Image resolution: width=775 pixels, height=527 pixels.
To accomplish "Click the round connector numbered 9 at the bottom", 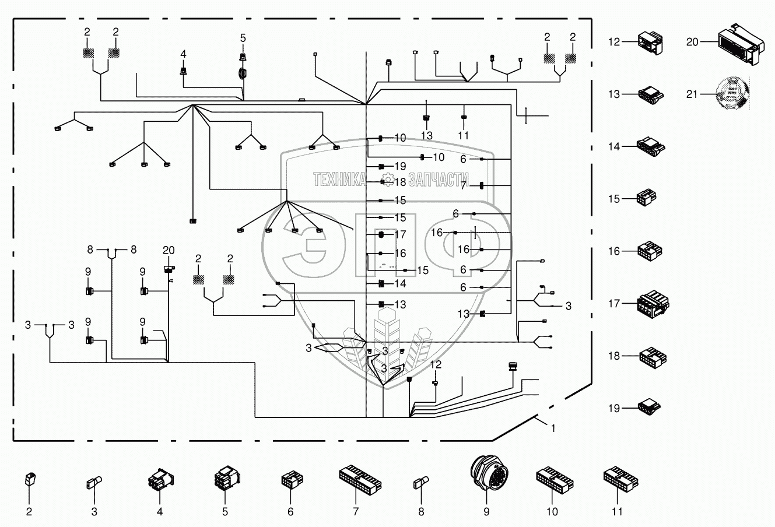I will tap(486, 473).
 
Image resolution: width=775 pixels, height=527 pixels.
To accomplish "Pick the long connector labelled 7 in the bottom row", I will tap(359, 478).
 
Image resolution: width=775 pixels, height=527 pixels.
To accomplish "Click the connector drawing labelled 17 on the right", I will tap(653, 303).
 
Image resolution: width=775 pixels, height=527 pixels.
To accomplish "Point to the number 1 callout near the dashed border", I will tap(553, 427).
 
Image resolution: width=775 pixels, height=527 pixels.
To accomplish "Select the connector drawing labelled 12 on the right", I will tap(650, 43).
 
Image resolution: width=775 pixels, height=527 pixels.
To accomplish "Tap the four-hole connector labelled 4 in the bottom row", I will tap(160, 479).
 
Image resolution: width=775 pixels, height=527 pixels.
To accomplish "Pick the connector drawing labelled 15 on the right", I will tap(649, 198).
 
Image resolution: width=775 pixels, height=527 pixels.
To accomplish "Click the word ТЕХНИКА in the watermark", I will tap(339, 179).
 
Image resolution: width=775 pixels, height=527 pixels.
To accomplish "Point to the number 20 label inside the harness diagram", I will tap(169, 250).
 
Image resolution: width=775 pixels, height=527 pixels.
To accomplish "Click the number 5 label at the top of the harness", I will tap(244, 38).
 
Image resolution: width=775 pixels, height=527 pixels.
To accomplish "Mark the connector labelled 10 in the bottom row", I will tap(553, 478).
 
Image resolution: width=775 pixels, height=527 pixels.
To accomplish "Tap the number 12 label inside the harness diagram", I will tap(436, 364).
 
